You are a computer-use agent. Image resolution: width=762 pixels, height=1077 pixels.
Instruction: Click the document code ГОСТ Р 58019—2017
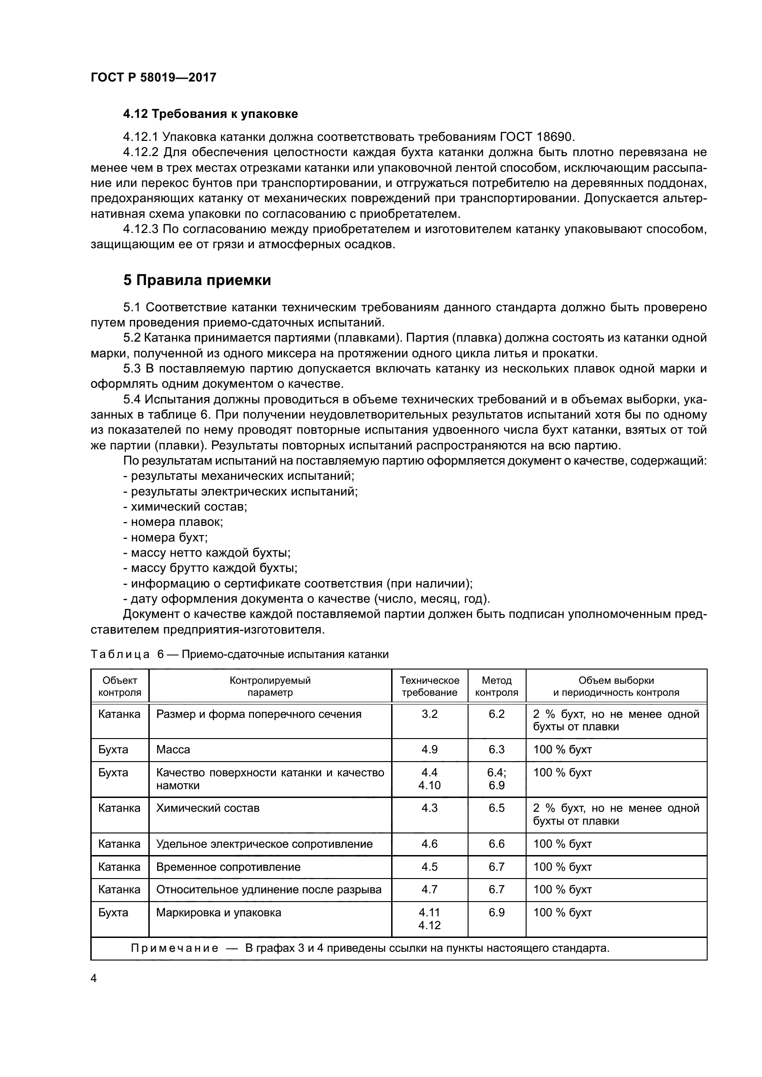[153, 77]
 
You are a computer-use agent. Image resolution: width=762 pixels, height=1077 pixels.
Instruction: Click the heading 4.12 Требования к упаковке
[210, 114]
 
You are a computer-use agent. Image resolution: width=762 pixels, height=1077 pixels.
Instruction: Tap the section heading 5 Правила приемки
[197, 280]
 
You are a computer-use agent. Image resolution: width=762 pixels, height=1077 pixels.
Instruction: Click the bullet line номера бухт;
[165, 537]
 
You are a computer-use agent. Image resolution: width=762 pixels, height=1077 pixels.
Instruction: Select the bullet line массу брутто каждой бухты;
[210, 568]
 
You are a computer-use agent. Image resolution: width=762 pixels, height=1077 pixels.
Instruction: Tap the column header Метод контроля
[497, 686]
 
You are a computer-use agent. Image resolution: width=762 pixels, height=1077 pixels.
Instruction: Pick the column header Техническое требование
[429, 686]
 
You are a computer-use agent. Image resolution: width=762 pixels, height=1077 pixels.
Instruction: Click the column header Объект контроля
[120, 686]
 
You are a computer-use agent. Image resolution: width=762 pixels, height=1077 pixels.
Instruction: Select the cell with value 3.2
[429, 715]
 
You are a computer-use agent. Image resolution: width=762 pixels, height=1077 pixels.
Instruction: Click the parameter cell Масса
[173, 750]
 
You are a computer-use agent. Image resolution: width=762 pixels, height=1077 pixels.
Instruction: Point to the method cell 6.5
[497, 808]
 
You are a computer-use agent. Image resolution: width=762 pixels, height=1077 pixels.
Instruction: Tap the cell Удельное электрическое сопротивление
[264, 844]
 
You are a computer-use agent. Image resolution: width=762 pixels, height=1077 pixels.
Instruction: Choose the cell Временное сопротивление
[228, 867]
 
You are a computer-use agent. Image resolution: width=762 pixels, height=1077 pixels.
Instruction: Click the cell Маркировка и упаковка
[219, 912]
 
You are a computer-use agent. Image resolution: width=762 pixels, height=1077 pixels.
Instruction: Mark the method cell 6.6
[497, 844]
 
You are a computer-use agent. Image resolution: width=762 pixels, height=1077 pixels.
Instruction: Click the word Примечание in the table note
[174, 948]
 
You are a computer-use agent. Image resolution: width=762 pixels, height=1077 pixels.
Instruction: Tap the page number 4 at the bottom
[94, 978]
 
